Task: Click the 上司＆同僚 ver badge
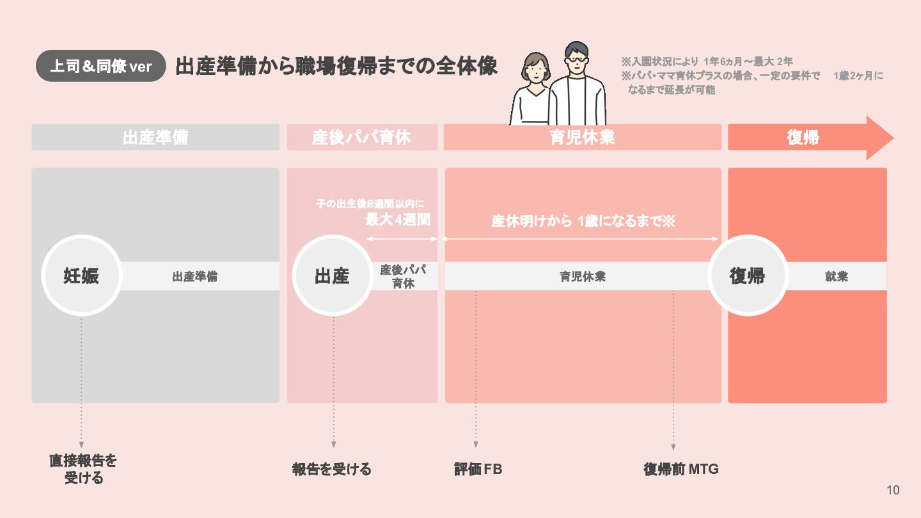(x=101, y=67)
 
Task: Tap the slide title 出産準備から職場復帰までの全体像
(x=336, y=67)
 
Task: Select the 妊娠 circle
(x=82, y=276)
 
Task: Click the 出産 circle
(x=333, y=276)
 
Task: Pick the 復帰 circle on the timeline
(x=748, y=276)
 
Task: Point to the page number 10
(x=893, y=491)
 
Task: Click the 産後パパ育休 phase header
(x=362, y=137)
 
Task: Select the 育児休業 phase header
(x=582, y=137)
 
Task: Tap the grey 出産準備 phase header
(x=155, y=137)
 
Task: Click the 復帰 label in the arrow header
(x=803, y=137)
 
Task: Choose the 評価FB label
(x=478, y=469)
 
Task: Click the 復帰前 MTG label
(x=681, y=469)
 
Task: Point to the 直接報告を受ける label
(x=84, y=469)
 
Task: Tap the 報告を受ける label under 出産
(x=332, y=469)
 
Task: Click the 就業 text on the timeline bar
(x=837, y=277)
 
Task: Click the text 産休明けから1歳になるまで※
(x=583, y=221)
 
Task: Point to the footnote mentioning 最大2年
(x=707, y=62)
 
